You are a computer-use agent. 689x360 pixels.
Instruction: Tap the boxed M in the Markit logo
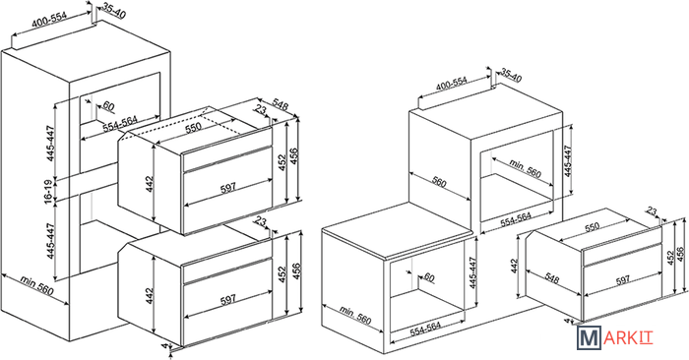click(x=590, y=338)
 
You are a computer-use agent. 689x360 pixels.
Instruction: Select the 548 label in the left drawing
click(x=280, y=105)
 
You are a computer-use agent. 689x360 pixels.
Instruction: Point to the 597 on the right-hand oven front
click(x=623, y=279)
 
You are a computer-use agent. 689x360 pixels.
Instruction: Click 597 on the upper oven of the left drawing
click(x=228, y=187)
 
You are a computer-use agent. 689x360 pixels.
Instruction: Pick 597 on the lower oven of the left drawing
click(x=228, y=299)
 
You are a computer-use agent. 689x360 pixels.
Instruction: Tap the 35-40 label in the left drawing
click(x=114, y=12)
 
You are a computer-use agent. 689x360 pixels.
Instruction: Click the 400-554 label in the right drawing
click(x=451, y=83)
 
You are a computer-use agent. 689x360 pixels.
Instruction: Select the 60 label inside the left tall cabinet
click(x=108, y=106)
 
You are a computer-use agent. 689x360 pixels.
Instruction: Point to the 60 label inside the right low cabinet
click(x=428, y=277)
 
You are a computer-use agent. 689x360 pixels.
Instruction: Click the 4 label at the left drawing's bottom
click(x=164, y=346)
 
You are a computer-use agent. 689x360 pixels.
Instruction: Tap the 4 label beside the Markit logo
click(x=567, y=322)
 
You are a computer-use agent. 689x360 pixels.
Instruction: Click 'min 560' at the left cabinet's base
click(x=37, y=286)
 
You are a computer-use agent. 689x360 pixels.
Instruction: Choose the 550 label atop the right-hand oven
click(x=592, y=227)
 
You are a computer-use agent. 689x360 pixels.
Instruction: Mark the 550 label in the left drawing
click(x=193, y=127)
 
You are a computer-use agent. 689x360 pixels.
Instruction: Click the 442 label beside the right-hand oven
click(x=515, y=267)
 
